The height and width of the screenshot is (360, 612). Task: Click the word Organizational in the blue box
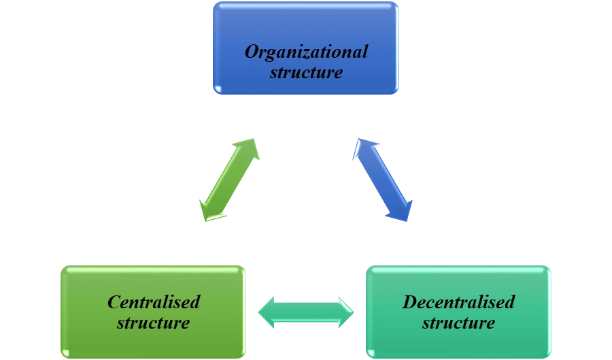pos(306,52)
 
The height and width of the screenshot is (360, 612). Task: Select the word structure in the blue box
pos(306,72)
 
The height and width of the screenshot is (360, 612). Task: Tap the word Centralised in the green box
pos(154,301)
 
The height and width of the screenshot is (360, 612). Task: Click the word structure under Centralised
pos(153,322)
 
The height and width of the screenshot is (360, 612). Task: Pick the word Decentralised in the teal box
pos(458,301)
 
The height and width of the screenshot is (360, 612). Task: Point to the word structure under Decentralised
pos(458,322)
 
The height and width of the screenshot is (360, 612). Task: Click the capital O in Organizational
pos(251,52)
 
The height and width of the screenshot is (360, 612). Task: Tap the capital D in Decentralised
pos(409,301)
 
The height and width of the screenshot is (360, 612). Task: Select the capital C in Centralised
pos(114,301)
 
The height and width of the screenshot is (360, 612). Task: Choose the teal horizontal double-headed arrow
pos(306,313)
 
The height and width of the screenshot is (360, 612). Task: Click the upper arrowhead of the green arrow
pos(250,146)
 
